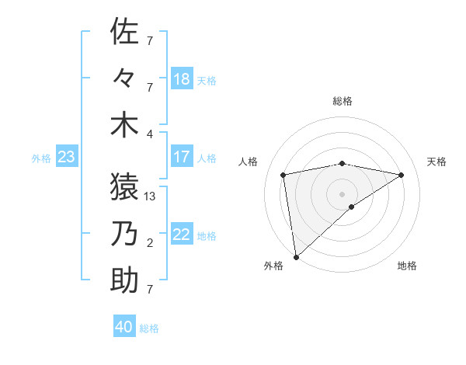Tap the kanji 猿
pos(125,186)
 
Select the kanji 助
pos(125,280)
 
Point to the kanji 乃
pos(125,234)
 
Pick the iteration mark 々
pos(125,78)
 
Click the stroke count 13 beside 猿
pos(151,196)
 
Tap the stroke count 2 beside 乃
pos(150,243)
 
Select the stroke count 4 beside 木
pos(150,134)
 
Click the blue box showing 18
pos(182,79)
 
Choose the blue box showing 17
pos(182,157)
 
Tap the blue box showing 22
pos(182,235)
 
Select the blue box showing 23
pos(67,158)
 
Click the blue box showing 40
pos(124,327)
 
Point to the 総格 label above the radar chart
pos(343,101)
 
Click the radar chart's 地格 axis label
pos(407,266)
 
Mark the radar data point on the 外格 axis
pos(296,256)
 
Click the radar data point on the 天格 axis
pos(402,175)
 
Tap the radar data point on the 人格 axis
pos(284,175)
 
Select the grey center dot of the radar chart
pos(343,193)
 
